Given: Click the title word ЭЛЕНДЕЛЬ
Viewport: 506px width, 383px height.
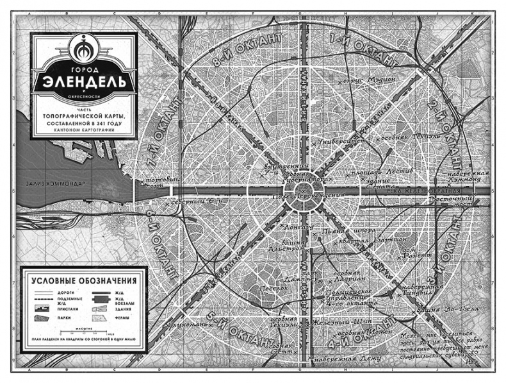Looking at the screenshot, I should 86,82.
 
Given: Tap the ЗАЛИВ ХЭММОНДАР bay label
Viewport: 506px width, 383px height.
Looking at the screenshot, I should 54,184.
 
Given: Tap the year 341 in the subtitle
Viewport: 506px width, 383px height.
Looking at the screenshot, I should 111,121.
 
